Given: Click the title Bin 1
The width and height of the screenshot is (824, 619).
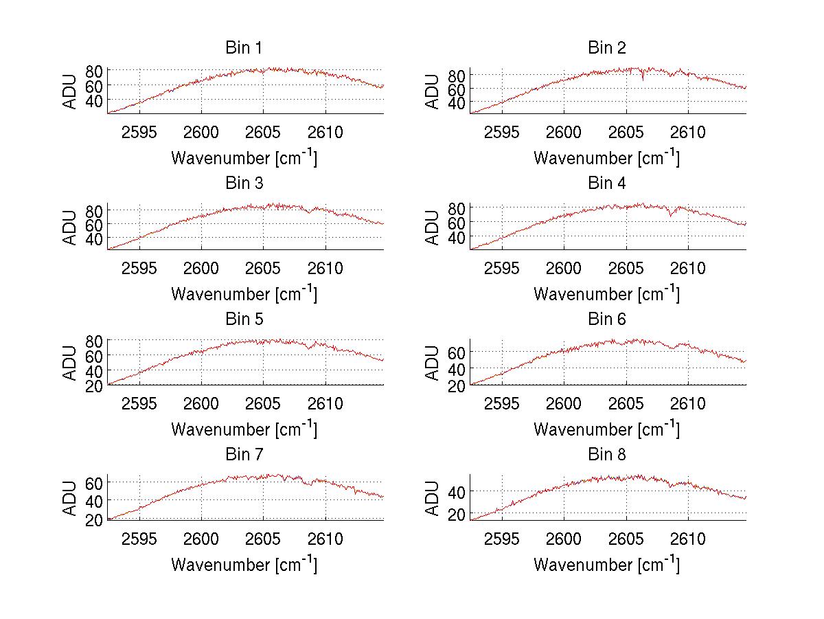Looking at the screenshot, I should point(244,48).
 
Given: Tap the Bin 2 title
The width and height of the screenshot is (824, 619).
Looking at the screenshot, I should point(606,48).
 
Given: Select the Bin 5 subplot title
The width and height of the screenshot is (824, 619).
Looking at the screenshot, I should point(244,319).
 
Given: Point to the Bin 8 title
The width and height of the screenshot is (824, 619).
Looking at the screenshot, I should point(606,455).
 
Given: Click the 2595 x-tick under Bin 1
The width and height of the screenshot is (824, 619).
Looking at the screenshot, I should point(139,132).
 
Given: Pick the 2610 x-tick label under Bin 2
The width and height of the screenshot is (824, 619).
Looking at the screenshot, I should point(688,132).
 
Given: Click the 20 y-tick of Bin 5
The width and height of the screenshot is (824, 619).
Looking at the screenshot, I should point(93,385).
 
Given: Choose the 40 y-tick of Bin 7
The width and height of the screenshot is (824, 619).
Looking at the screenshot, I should point(93,500).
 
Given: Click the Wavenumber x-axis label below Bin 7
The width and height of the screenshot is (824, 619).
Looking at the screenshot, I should point(244,564).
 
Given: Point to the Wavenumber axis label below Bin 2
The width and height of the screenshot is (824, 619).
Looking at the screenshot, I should point(606,157).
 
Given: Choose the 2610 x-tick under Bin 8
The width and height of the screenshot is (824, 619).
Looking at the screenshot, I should point(688,539).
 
